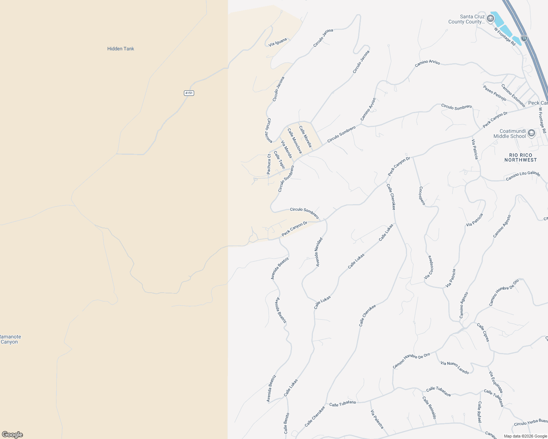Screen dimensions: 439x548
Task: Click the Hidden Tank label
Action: click(x=121, y=49)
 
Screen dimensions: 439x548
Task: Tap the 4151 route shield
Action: click(x=189, y=93)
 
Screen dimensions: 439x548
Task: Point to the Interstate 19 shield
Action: click(x=524, y=38)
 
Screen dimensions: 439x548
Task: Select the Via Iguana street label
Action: click(x=278, y=42)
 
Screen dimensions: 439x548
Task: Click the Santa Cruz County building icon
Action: click(x=490, y=19)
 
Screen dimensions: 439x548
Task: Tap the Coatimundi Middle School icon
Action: click(x=532, y=134)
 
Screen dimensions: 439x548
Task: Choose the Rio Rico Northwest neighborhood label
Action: click(x=521, y=157)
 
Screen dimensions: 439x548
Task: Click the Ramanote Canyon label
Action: click(x=10, y=339)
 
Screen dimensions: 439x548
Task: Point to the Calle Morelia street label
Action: click(x=305, y=136)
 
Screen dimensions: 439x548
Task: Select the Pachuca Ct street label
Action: click(x=269, y=164)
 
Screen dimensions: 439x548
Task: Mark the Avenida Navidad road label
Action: click(x=319, y=252)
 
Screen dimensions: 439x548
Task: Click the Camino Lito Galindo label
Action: click(x=523, y=176)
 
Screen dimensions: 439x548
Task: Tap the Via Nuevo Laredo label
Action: click(x=455, y=368)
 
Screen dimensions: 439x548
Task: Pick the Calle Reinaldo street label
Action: click(x=429, y=408)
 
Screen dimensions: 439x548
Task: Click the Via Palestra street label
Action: click(x=377, y=419)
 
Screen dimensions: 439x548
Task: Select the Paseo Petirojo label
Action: click(x=495, y=93)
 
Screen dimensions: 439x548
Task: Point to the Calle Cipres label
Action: click(x=483, y=332)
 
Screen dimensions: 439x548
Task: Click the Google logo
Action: click(x=12, y=435)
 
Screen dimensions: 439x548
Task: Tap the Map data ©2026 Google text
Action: click(x=525, y=436)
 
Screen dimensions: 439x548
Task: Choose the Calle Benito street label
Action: click(x=286, y=423)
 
